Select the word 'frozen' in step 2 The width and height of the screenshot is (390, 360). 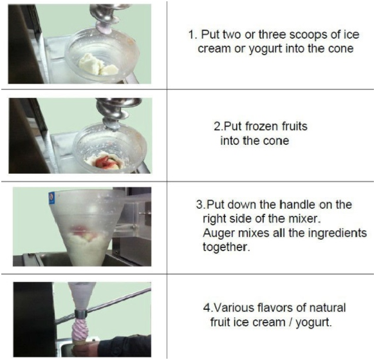pyautogui.click(x=262, y=126)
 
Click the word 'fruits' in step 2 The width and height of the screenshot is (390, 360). pyautogui.click(x=295, y=126)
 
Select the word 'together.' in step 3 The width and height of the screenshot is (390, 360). pyautogui.click(x=226, y=247)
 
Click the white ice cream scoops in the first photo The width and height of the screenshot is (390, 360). pyautogui.click(x=98, y=65)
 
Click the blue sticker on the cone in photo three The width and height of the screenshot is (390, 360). pyautogui.click(x=51, y=198)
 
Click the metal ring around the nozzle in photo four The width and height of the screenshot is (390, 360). pyautogui.click(x=81, y=314)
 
